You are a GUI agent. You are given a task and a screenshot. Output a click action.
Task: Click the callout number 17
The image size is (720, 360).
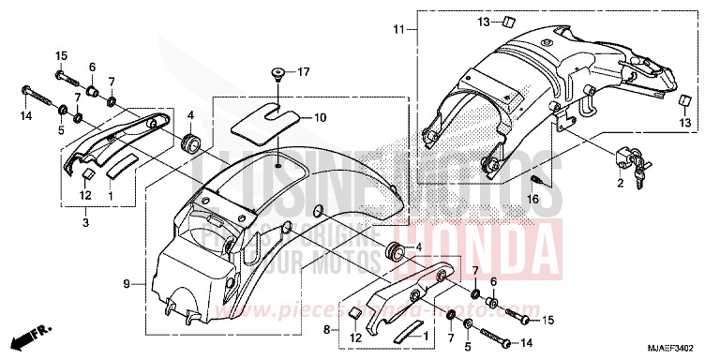[303, 72]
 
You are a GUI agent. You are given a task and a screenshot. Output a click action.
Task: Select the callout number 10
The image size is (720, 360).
[320, 118]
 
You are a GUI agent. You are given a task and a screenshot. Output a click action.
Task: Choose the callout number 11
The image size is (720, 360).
[397, 31]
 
